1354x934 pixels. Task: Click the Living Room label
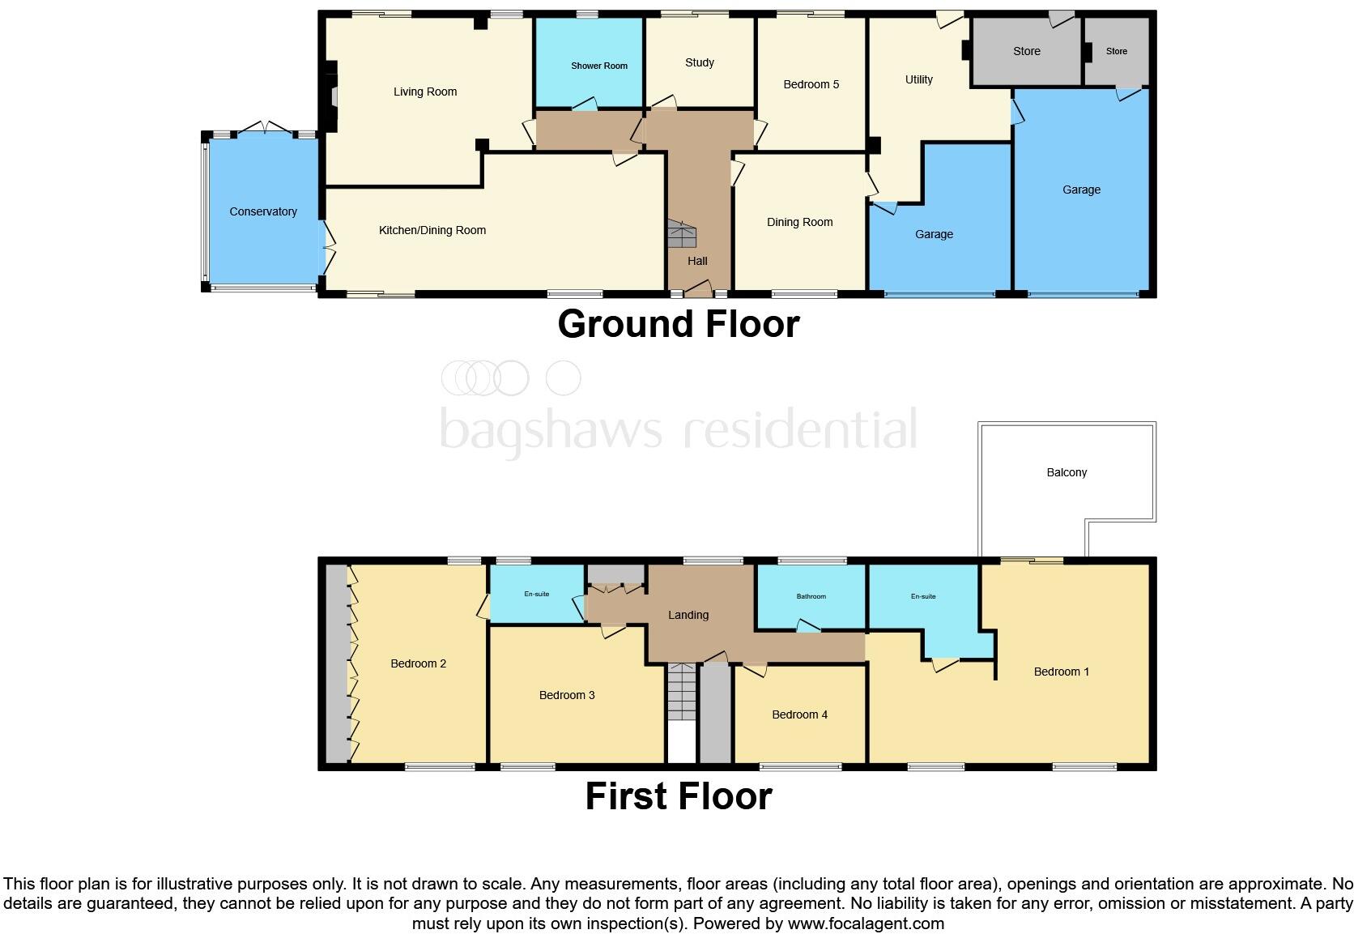click(x=424, y=92)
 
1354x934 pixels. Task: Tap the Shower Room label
click(x=598, y=66)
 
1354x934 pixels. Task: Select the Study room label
click(x=699, y=62)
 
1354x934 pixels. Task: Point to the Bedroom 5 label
click(x=811, y=84)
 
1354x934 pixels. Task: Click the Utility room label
click(x=918, y=79)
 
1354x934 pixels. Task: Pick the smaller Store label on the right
click(x=1116, y=51)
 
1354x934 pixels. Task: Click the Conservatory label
click(x=262, y=211)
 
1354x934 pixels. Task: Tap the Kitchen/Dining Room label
click(x=432, y=230)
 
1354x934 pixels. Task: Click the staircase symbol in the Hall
click(x=682, y=234)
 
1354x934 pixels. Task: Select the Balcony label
click(x=1066, y=472)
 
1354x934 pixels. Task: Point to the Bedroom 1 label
click(x=1061, y=672)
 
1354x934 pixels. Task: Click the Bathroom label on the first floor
click(x=811, y=596)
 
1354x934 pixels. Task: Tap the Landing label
click(x=688, y=615)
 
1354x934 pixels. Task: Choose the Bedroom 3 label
click(x=567, y=695)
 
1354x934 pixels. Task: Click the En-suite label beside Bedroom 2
click(x=536, y=594)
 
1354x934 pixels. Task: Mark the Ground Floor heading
click(x=678, y=324)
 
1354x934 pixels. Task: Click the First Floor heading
click(x=678, y=796)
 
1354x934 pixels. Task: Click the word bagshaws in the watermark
click(x=551, y=429)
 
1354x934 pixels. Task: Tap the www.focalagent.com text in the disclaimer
click(x=865, y=923)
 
